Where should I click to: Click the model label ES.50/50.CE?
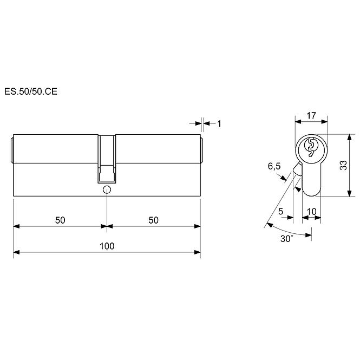(x=31, y=91)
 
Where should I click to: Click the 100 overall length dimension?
(x=107, y=246)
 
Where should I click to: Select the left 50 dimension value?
(x=60, y=220)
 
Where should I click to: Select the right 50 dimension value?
(x=153, y=220)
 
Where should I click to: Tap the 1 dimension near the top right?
(x=219, y=124)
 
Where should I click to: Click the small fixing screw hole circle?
(x=107, y=190)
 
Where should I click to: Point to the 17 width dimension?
(x=311, y=115)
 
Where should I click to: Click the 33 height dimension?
(x=343, y=165)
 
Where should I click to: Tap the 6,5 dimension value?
(x=274, y=166)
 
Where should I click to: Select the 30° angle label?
(x=287, y=239)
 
